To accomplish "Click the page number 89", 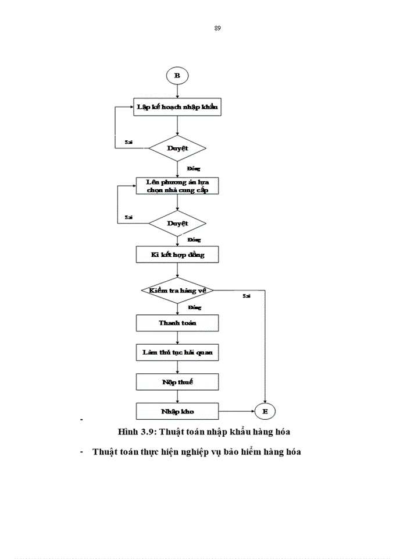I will (217, 28).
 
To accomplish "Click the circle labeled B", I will (177, 76).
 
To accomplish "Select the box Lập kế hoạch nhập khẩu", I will (177, 107).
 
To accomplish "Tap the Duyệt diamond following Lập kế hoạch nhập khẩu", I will (177, 148).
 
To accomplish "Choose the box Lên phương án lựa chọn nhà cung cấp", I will (177, 186).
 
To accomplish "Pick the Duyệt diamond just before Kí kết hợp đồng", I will (177, 224).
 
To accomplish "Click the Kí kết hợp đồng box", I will (177, 255).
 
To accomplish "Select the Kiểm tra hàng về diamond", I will (177, 290).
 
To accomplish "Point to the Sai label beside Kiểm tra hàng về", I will (247, 296).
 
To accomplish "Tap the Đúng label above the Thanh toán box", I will (194, 306).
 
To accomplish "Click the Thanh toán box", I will (177, 323).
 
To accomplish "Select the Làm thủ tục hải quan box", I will (177, 353).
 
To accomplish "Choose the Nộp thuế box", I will (177, 382).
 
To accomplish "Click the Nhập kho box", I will (177, 412).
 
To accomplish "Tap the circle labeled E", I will (265, 412).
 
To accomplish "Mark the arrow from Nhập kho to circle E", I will (237, 412).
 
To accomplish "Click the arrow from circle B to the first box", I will (177, 90).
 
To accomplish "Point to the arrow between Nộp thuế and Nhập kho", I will (177, 397).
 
